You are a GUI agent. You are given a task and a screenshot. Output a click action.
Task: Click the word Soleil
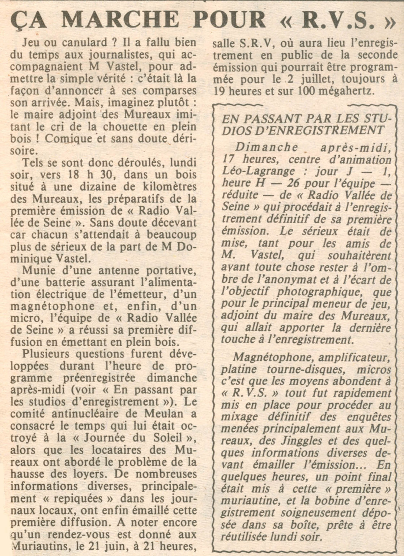coord(171,438)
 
